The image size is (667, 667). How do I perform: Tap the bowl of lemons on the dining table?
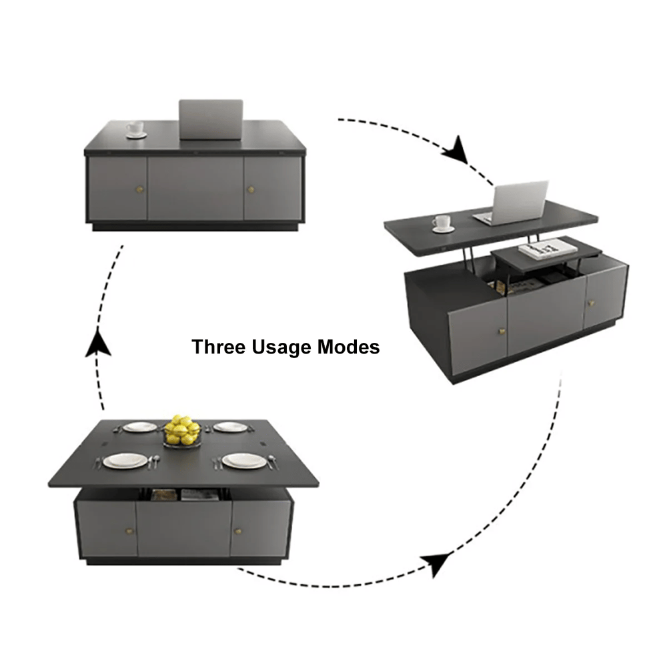click(x=182, y=431)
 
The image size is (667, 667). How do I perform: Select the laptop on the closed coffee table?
click(x=211, y=119)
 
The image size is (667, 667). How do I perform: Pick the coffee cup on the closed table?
click(x=136, y=129)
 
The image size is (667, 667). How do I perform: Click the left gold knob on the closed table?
click(x=139, y=190)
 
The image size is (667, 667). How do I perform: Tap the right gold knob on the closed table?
click(x=251, y=190)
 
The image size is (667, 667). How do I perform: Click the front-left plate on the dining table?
click(x=125, y=461)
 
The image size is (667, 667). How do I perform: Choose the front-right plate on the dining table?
click(x=244, y=460)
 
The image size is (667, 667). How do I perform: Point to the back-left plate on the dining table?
click(x=139, y=427)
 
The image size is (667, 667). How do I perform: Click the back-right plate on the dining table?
click(x=230, y=427)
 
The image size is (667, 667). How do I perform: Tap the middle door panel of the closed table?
click(x=195, y=189)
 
